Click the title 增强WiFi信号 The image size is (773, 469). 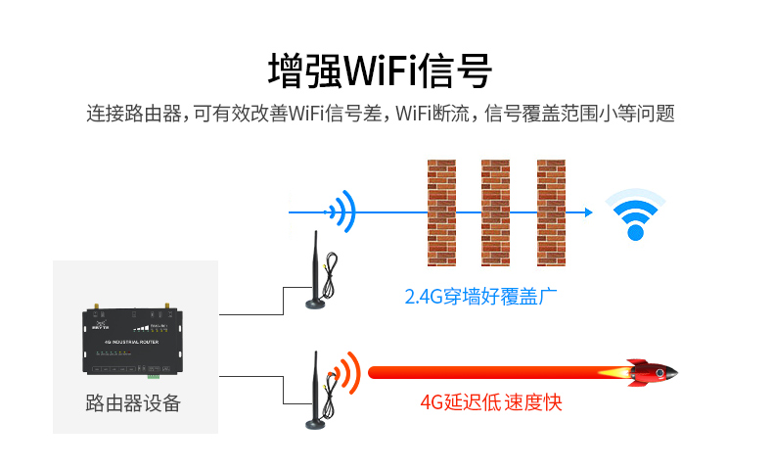pos(380,70)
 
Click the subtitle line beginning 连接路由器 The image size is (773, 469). pos(381,114)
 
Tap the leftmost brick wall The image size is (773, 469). pos(441,211)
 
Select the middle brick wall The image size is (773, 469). pos(495,211)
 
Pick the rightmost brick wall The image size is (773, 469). pos(551,211)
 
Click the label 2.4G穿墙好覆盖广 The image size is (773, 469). pos(474,296)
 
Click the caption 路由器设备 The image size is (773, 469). pos(134,402)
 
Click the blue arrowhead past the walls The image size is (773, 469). pos(587,211)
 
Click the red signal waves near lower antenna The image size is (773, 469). pos(343,372)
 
